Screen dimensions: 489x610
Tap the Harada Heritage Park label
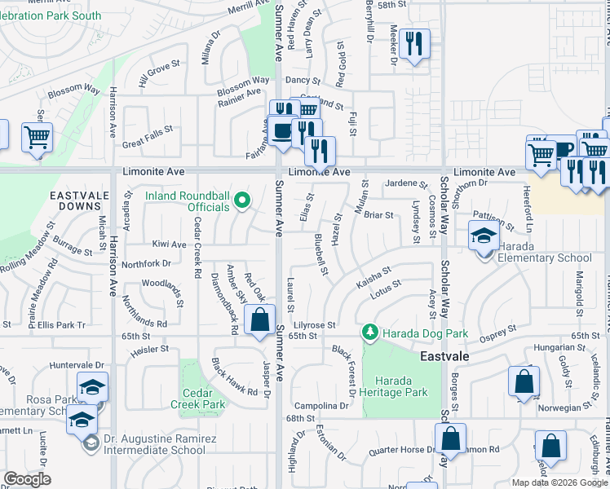point(400,386)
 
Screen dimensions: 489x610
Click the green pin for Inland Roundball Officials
point(241,200)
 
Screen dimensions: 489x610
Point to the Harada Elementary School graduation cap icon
point(484,236)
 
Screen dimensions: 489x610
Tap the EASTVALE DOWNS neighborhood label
point(80,203)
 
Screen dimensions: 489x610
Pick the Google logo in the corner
point(28,479)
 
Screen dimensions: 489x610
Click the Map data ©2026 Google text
point(559,482)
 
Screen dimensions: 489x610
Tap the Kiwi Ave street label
point(169,244)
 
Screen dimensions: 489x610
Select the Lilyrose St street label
point(315,324)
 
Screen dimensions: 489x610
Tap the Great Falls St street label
point(148,129)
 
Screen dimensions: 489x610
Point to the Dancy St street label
point(303,81)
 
